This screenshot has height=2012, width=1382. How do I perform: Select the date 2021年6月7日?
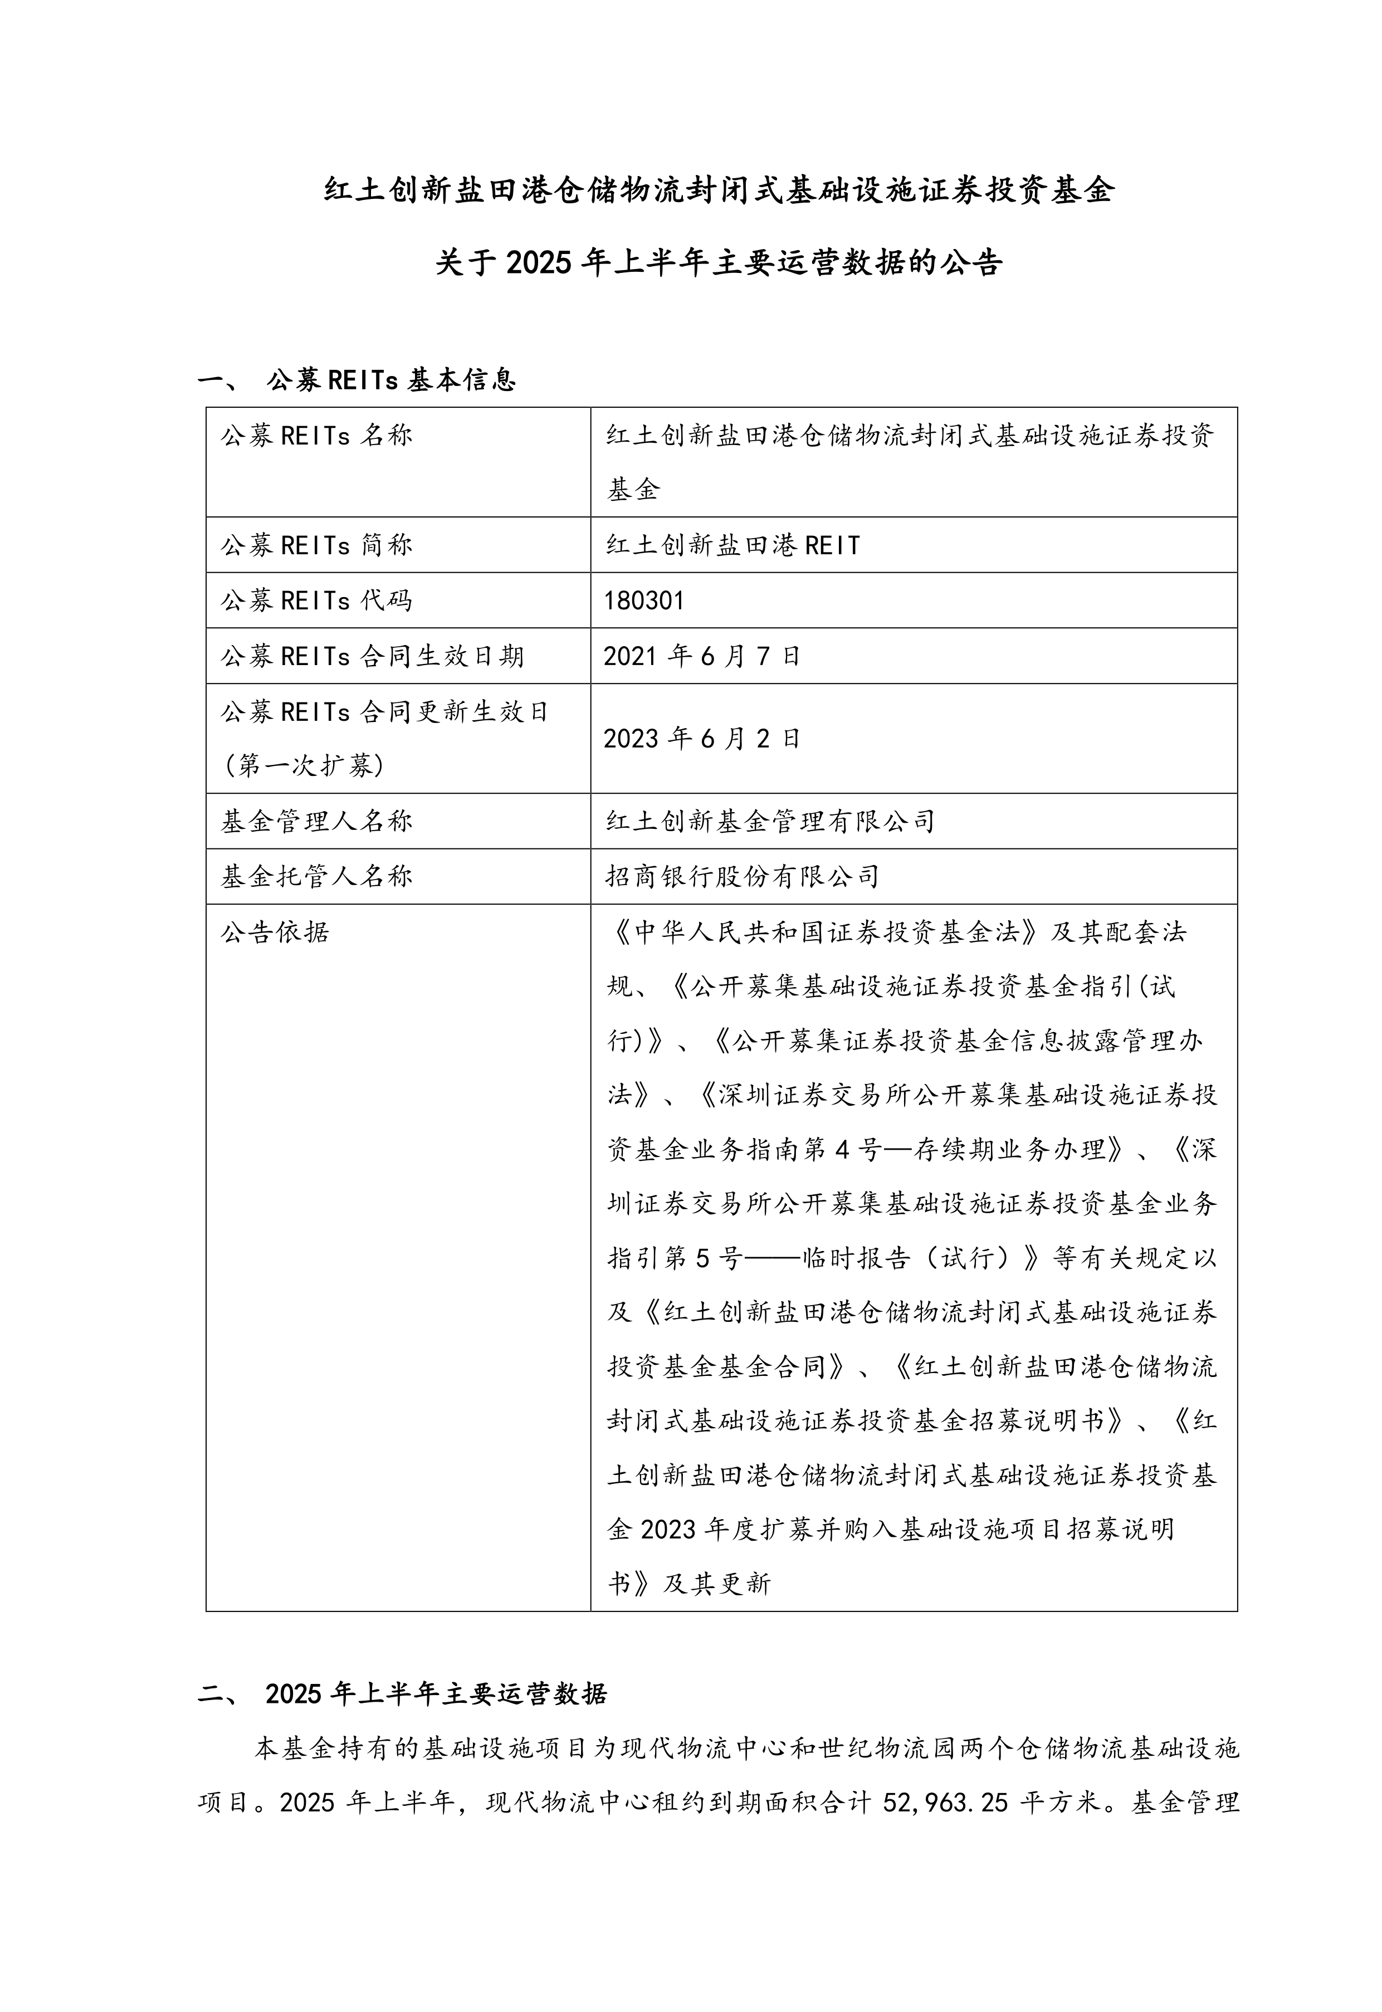pyautogui.click(x=701, y=656)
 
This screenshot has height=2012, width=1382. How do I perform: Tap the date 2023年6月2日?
pyautogui.click(x=701, y=739)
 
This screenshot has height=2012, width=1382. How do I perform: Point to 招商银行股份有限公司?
pyautogui.click(x=742, y=877)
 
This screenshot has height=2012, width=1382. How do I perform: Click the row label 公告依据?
pyautogui.click(x=275, y=932)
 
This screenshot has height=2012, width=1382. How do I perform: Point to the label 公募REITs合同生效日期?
pyautogui.click(x=372, y=656)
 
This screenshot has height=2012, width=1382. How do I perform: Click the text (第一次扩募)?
pyautogui.click(x=303, y=766)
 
